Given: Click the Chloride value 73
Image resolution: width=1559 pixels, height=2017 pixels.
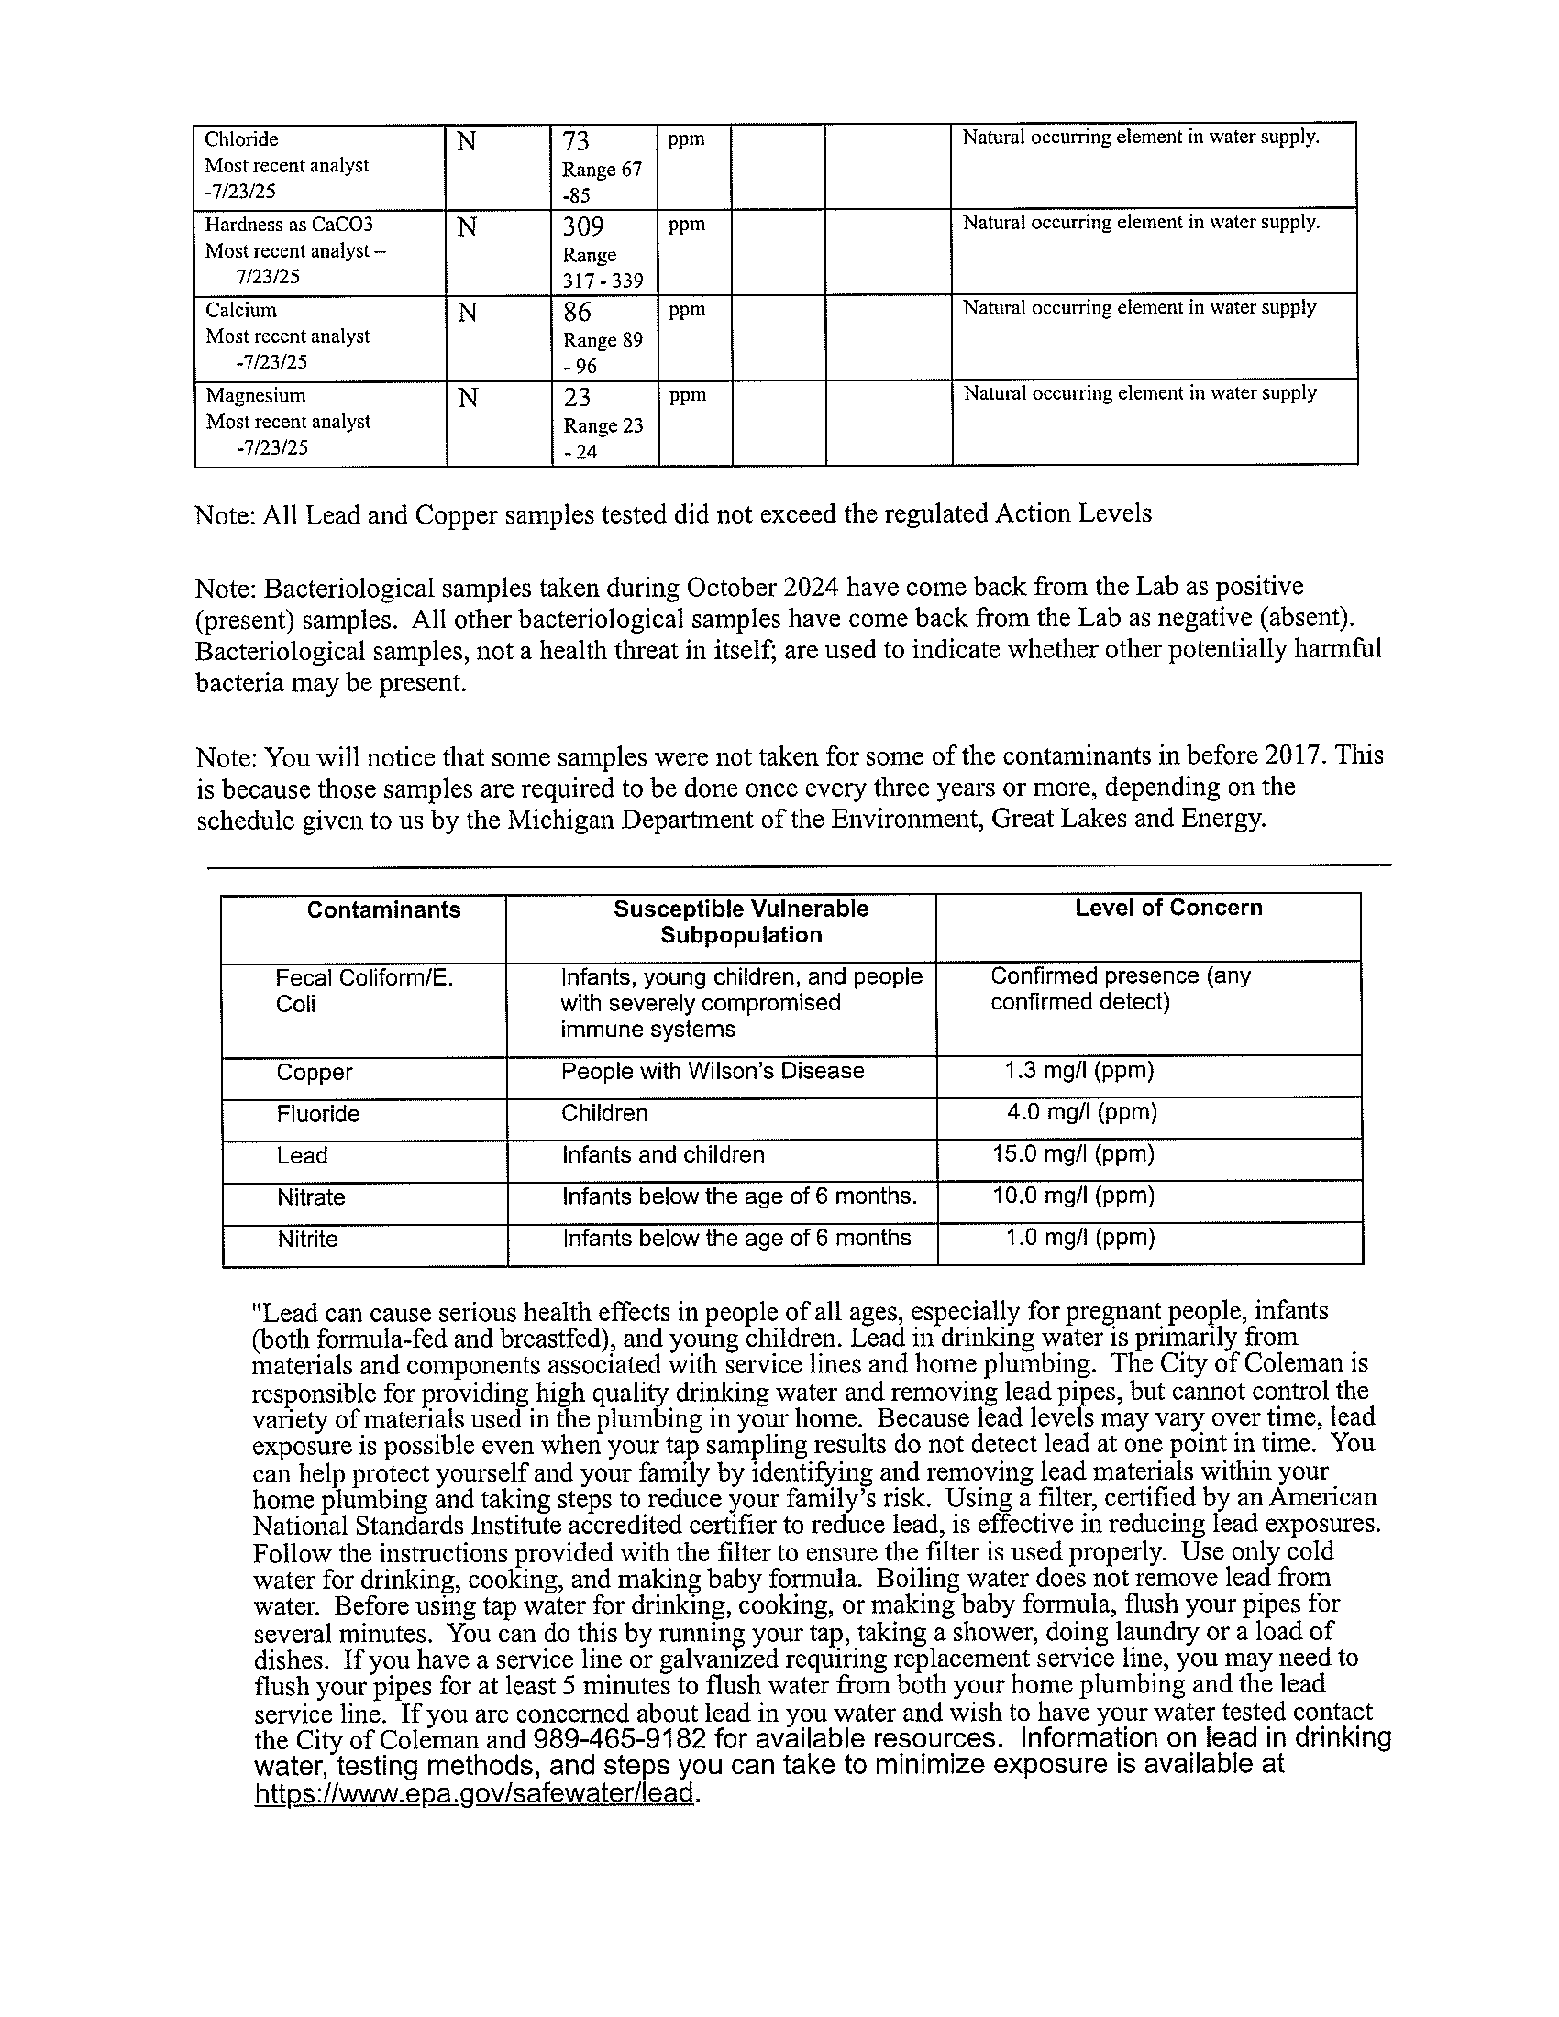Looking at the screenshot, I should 576,141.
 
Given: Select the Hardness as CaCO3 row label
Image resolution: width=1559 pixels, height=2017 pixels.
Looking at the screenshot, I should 289,225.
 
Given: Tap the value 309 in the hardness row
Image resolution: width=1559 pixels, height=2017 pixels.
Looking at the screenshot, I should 583,226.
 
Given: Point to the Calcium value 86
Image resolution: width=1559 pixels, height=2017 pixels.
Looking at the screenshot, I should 578,312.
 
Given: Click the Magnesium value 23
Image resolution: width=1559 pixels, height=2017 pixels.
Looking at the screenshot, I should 577,397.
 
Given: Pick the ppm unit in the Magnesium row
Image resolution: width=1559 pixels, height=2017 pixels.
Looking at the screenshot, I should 687,395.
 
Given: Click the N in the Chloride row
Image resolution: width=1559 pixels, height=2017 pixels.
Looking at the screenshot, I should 467,142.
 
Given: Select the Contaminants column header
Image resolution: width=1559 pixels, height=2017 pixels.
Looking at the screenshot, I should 383,909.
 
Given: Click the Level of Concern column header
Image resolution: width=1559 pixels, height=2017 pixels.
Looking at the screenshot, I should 1168,908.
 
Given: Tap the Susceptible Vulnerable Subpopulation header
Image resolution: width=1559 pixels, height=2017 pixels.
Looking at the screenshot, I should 741,921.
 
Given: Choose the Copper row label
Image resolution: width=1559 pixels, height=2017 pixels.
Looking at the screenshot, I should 314,1073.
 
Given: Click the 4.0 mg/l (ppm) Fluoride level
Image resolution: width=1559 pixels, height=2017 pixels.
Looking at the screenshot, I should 1081,1111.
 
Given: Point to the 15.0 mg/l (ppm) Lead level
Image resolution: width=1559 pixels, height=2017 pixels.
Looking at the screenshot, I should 1073,1153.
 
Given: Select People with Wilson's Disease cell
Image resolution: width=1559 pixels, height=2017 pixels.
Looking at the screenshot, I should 712,1071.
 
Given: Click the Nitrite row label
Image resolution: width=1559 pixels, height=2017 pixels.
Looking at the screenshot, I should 307,1239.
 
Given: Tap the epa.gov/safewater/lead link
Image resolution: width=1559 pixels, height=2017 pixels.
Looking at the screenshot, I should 474,1792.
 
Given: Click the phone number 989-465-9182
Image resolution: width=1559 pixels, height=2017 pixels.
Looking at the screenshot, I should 620,1739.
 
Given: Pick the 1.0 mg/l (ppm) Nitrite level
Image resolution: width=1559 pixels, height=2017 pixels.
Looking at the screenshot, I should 1079,1237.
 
